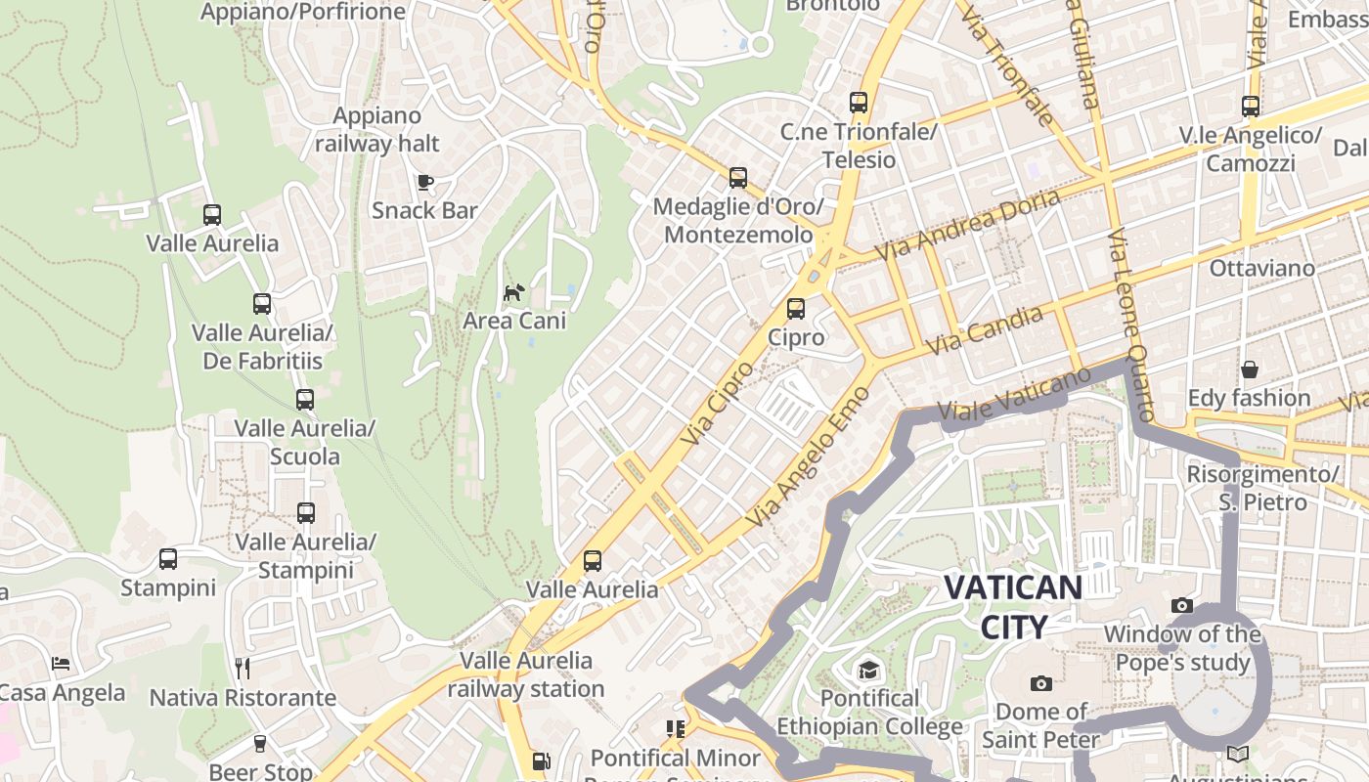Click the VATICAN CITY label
[x=1013, y=607]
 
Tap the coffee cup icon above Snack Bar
[x=424, y=182]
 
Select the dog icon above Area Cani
[x=513, y=292]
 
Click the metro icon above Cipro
[x=796, y=309]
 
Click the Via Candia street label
[x=984, y=330]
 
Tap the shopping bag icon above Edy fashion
[x=1249, y=369]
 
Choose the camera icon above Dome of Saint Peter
[x=1040, y=683]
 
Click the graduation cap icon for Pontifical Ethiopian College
[x=867, y=670]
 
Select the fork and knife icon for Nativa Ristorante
[x=243, y=669]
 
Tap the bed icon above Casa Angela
[x=61, y=664]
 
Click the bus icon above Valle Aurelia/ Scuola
[x=305, y=399]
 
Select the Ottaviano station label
[x=1261, y=268]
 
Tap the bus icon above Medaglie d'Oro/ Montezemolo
[x=738, y=178]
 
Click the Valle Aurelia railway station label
[x=526, y=674]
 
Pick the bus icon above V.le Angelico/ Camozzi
[x=1250, y=107]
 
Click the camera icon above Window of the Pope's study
[x=1181, y=606]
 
